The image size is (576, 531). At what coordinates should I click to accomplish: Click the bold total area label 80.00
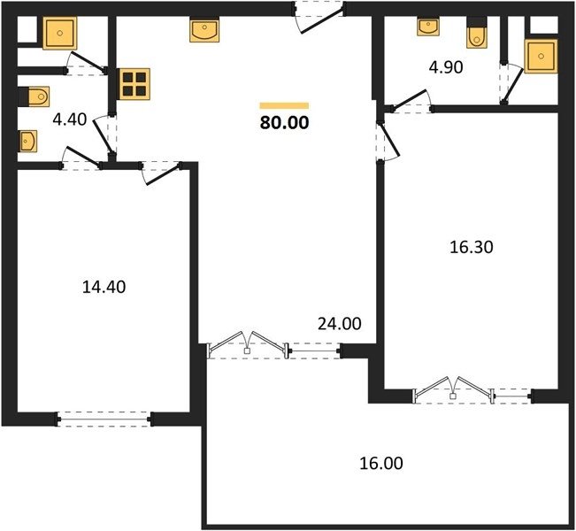point(284,123)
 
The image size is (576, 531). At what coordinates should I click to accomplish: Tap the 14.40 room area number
point(104,287)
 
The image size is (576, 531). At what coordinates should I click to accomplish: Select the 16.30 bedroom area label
point(472,247)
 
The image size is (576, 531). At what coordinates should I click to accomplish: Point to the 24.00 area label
point(340,324)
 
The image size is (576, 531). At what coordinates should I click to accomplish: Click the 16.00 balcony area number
point(381,463)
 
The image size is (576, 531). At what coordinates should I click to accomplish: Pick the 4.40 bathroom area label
point(70,119)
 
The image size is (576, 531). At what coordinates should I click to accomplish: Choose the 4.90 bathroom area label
point(446,67)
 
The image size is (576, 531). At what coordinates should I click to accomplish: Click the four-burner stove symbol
point(134,84)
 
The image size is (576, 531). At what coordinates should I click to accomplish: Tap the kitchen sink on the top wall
point(204,30)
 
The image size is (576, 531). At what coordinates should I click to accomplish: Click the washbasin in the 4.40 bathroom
point(28,141)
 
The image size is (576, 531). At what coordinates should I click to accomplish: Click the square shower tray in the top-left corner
point(60,33)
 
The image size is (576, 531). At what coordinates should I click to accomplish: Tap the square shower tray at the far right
point(541,57)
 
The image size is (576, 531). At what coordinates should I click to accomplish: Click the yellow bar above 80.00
point(284,106)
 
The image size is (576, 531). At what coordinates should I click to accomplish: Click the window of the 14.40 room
point(104,419)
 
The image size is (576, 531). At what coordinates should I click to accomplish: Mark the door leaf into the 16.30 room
point(390,141)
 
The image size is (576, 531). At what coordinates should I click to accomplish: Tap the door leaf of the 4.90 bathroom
point(409,98)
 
